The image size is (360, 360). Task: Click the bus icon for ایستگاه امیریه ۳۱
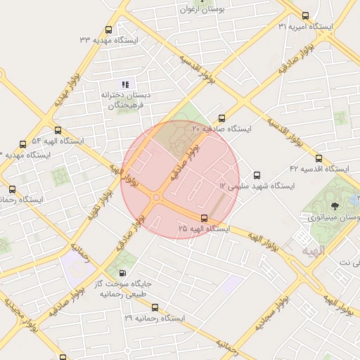304,15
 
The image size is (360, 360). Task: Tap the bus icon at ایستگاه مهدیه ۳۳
108,30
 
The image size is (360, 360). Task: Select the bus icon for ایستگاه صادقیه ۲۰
222,118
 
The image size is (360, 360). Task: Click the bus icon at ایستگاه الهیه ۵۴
58,130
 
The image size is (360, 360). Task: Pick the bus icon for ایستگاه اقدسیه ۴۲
319,159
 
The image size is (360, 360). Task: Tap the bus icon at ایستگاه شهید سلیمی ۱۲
257,175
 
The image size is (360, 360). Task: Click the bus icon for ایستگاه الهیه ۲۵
204,218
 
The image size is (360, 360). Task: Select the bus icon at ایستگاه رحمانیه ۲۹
155,307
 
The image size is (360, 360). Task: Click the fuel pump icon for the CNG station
124,274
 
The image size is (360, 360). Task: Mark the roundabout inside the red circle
155,198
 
